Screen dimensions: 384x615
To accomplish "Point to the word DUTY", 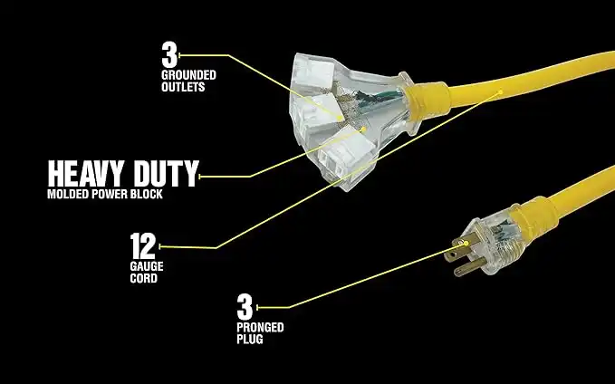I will tap(162, 173).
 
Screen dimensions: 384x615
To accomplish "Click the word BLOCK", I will tap(148, 195).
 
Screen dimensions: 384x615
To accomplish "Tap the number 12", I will tap(143, 245).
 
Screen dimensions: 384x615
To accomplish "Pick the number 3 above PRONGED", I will tap(244, 307).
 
